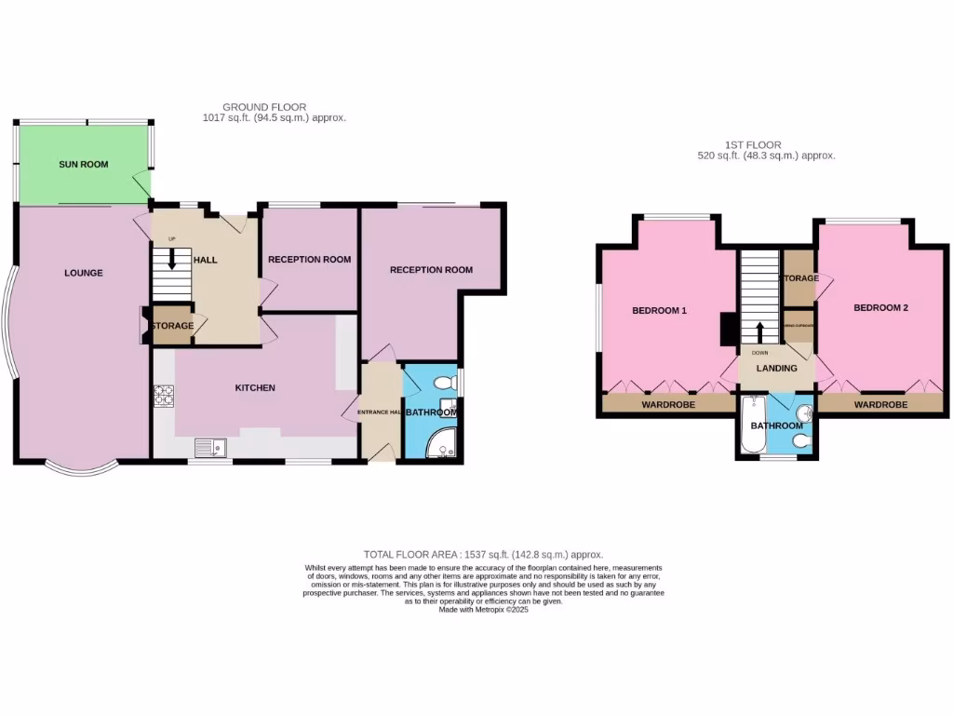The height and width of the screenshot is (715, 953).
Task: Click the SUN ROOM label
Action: pos(84,165)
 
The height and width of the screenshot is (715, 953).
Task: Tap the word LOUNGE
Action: pos(84,273)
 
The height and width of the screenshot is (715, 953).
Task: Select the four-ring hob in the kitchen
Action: pos(164,396)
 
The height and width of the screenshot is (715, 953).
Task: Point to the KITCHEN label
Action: pos(254,388)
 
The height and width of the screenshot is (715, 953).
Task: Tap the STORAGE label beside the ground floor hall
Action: pos(173,326)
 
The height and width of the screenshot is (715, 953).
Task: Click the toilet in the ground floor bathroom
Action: pos(445,382)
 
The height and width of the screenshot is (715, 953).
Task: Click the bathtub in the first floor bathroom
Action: pos(753,425)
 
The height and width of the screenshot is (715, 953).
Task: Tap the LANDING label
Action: pos(776,369)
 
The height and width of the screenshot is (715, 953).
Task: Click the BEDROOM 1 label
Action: pos(659,310)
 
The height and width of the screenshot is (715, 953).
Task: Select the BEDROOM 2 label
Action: pos(879,307)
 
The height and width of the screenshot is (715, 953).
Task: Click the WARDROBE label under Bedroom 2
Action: pos(880,405)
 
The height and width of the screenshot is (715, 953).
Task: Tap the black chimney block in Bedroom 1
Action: pos(728,329)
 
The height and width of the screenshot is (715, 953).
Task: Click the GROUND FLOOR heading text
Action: pos(264,107)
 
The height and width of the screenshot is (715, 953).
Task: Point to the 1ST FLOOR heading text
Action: pos(753,145)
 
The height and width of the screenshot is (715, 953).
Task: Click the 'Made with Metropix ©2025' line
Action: pos(483,610)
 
